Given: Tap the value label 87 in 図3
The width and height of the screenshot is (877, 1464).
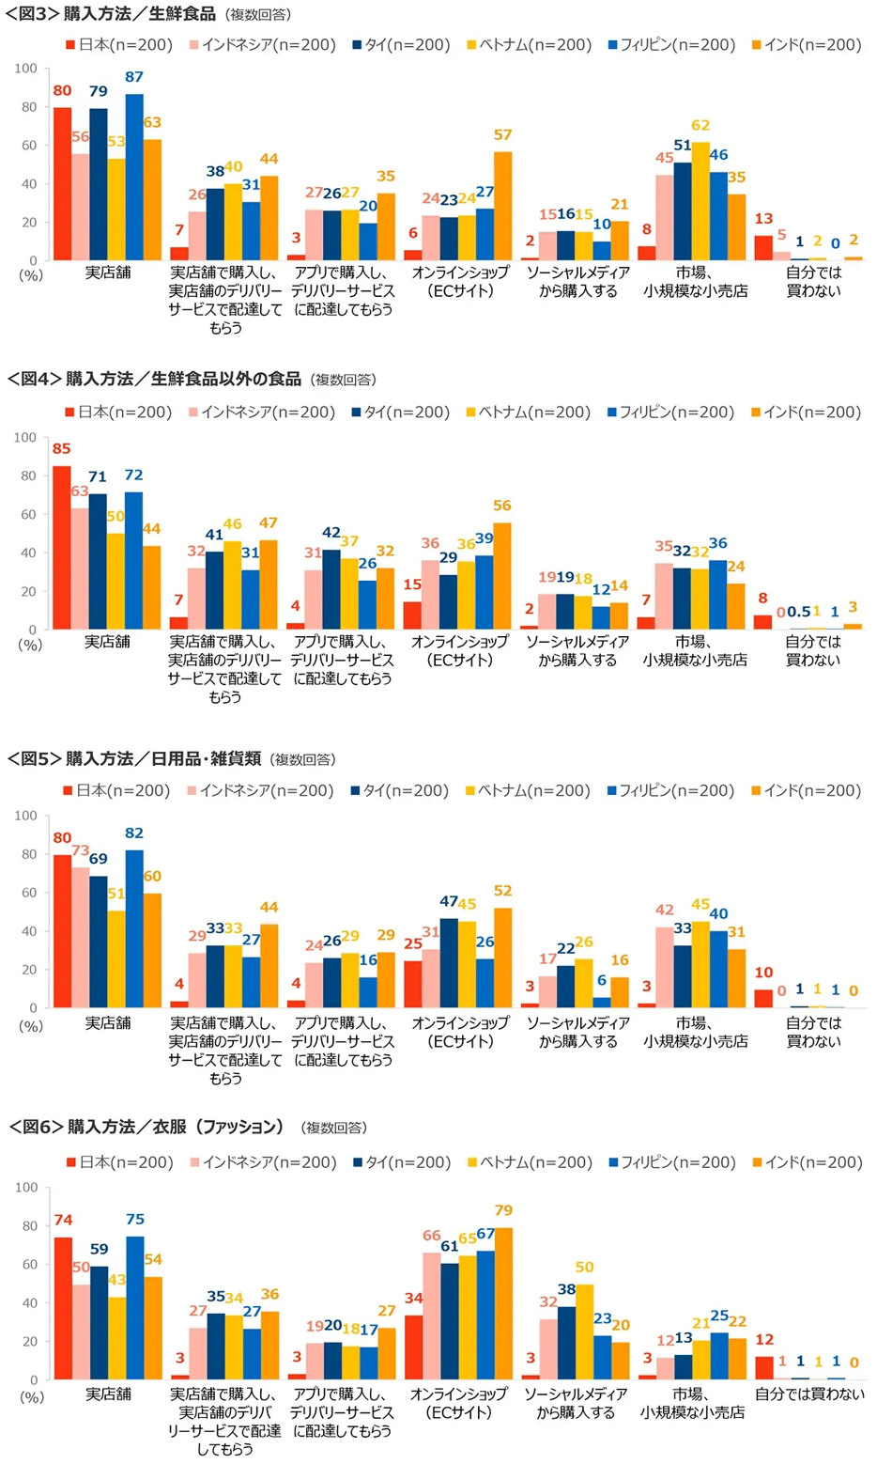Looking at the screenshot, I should [134, 77].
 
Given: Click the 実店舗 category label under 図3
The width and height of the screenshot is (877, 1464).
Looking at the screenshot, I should [108, 273].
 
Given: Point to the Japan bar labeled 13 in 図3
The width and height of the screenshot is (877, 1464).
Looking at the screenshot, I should [763, 248].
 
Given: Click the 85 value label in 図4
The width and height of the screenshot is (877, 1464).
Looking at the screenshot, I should [62, 448].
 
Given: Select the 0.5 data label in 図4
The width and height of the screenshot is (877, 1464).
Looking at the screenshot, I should [799, 612].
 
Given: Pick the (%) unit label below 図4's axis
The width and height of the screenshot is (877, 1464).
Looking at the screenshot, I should [30, 645].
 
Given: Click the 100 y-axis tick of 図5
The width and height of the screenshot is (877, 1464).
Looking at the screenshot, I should [25, 816].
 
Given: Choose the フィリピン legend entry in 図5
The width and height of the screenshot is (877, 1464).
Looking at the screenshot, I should [670, 791].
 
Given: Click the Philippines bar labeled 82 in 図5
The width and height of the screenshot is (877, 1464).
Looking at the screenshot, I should [134, 929].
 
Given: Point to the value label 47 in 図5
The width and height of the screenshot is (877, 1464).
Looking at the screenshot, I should [449, 902].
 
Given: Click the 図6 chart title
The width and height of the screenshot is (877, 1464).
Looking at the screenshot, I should [146, 1127].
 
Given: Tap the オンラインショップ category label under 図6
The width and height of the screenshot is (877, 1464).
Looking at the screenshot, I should [459, 1394].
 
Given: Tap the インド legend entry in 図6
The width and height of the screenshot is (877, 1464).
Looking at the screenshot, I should [807, 1162].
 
